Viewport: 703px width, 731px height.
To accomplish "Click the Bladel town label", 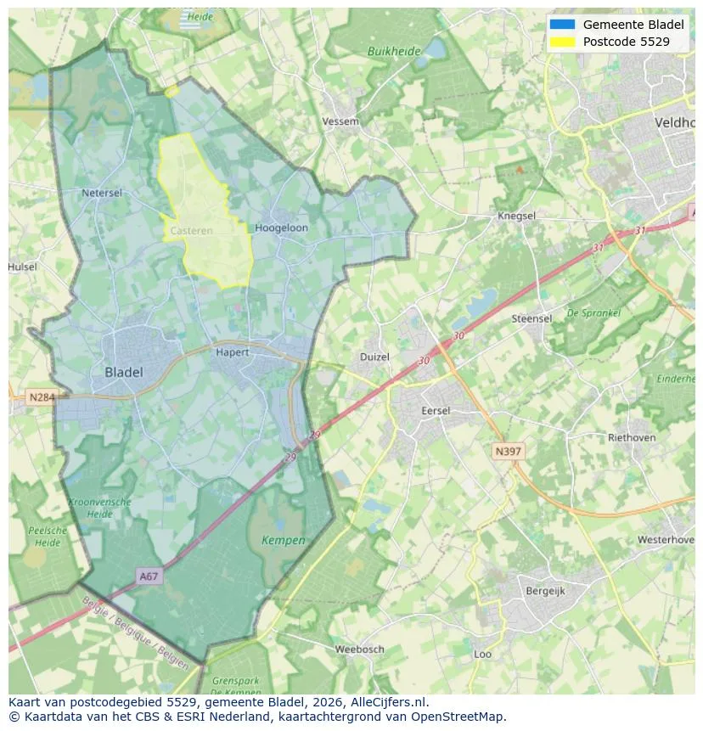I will [x=124, y=372].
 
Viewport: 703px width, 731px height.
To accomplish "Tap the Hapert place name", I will [x=233, y=351].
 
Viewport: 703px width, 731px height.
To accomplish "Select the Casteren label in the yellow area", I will [x=186, y=231].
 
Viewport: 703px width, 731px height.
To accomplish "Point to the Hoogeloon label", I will [x=281, y=228].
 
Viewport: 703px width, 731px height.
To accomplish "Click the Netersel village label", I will [x=102, y=193].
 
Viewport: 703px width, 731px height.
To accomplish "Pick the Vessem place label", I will [x=340, y=122].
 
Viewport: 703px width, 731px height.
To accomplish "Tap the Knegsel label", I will [x=516, y=216].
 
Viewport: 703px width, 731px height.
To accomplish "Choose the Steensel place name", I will [x=531, y=318].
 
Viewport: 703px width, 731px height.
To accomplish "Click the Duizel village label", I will [x=374, y=357].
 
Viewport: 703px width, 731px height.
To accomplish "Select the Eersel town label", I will [x=436, y=411].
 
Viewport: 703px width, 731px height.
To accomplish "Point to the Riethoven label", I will [x=632, y=438].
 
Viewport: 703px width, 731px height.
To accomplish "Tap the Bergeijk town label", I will [x=545, y=591].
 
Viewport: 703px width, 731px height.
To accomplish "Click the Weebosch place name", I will [x=359, y=649].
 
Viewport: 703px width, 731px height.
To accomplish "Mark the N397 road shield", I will [x=509, y=452].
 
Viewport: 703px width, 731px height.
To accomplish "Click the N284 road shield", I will [x=40, y=397].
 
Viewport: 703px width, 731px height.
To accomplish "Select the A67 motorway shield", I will [x=149, y=576].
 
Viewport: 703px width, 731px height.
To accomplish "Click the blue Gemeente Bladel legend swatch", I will [x=562, y=25].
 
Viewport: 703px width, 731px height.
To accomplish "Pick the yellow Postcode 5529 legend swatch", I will [x=562, y=41].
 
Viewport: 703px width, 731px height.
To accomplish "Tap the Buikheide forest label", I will [x=394, y=51].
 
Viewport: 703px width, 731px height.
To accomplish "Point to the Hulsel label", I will [x=22, y=267].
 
